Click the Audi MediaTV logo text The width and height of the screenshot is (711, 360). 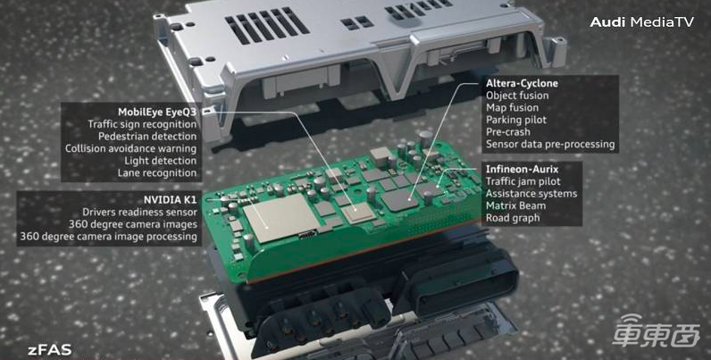pyautogui.click(x=641, y=21)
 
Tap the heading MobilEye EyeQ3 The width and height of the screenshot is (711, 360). pyautogui.click(x=157, y=112)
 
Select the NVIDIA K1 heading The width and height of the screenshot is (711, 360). pyautogui.click(x=171, y=200)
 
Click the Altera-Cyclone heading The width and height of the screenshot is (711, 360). pyautogui.click(x=522, y=83)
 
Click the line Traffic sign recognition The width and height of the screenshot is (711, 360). pyautogui.click(x=142, y=124)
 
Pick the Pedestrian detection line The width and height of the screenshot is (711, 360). pyautogui.click(x=147, y=137)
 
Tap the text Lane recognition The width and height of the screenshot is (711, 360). pyautogui.click(x=157, y=172)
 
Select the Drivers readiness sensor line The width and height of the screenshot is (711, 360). pyautogui.click(x=139, y=213)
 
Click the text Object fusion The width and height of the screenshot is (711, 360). pyautogui.click(x=517, y=96)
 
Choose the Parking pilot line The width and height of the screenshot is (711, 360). pyautogui.click(x=516, y=121)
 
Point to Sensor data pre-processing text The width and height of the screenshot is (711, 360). pyautogui.click(x=550, y=145)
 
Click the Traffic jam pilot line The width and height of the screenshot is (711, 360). pyautogui.click(x=523, y=182)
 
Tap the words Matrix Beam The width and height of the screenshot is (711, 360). pyautogui.click(x=516, y=205)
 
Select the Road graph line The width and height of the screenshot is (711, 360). pyautogui.click(x=513, y=218)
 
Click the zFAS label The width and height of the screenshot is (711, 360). pyautogui.click(x=49, y=350)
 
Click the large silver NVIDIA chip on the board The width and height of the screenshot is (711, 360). pyautogui.click(x=281, y=217)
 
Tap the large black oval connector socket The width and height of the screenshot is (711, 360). pyautogui.click(x=462, y=280)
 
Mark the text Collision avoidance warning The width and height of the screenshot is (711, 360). pyautogui.click(x=131, y=148)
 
